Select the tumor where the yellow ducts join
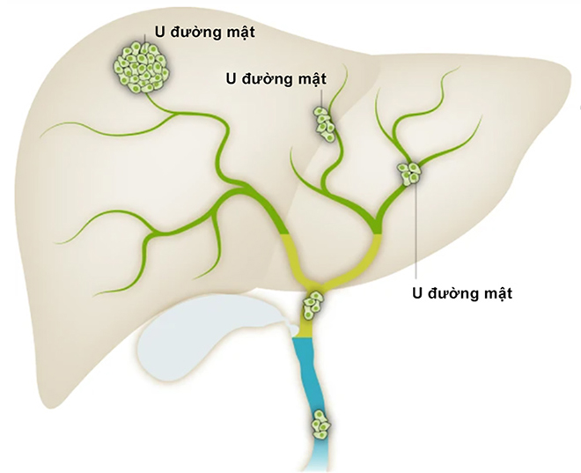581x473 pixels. pos(314,306)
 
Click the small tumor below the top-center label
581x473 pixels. pos(323,122)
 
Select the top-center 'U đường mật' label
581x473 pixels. pos(275,77)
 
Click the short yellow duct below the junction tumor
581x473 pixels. pos(308,329)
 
